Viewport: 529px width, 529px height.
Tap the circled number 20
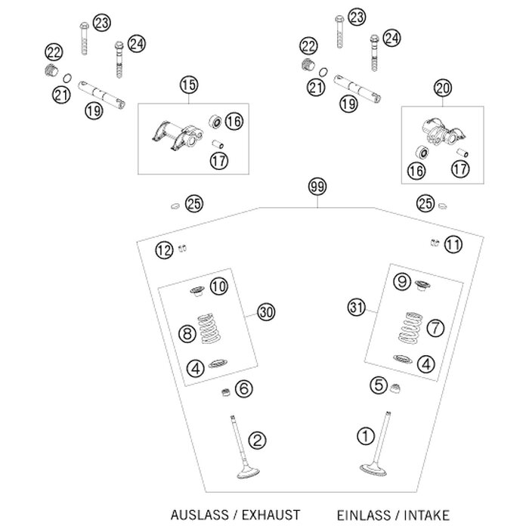(x=443, y=89)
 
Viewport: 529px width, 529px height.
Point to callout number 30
(x=264, y=311)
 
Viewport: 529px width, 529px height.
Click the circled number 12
(x=165, y=250)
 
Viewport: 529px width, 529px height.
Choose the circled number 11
(x=452, y=243)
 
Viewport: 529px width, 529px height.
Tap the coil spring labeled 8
(x=212, y=331)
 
